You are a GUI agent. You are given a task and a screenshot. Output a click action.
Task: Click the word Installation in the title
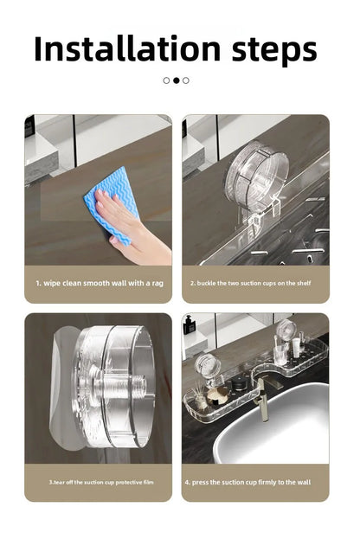point(127,48)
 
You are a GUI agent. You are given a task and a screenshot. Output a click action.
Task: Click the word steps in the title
point(274,50)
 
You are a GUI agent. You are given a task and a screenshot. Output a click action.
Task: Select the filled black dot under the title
point(177,80)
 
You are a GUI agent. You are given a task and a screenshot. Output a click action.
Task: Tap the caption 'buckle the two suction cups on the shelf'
point(251,283)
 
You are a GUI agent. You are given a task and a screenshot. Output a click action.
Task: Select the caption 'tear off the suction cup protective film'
point(101,482)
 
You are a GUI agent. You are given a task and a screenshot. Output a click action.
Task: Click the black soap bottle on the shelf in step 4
point(189,324)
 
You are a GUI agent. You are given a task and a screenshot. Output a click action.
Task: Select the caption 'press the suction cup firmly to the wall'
point(247,482)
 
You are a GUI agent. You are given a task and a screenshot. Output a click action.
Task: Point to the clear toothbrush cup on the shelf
point(280,354)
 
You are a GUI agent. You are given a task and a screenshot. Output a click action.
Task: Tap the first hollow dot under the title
point(166,80)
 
